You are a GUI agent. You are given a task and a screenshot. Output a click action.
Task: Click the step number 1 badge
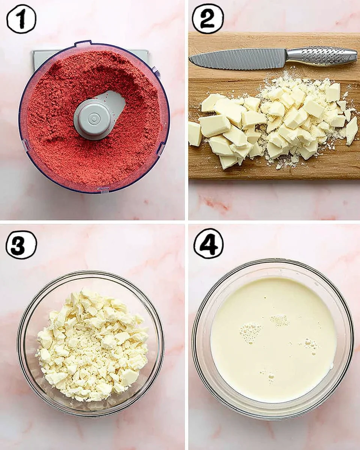pos(21,19)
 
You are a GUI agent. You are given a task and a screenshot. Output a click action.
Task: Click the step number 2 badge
pos(208,19)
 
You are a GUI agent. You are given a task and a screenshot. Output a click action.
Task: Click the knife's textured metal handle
pos(321,55)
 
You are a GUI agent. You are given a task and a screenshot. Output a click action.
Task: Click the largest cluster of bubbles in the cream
pos(250,332)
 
